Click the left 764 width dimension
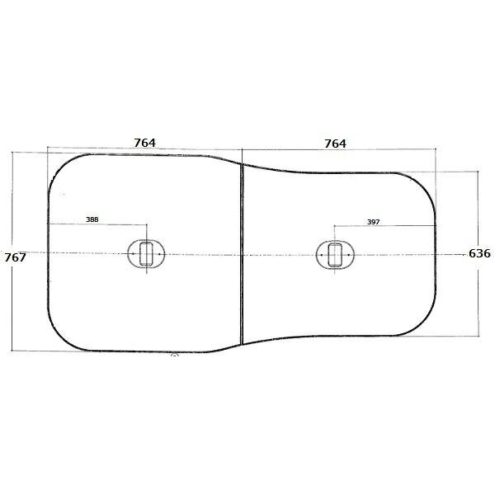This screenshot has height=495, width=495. (x=145, y=143)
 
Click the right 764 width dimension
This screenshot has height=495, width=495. (x=335, y=144)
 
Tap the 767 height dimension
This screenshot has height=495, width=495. (x=15, y=257)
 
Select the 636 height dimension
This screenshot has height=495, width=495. (x=479, y=253)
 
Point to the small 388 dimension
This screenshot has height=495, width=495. (x=92, y=219)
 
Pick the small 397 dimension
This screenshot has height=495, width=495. (x=374, y=222)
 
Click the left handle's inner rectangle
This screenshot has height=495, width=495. (x=146, y=254)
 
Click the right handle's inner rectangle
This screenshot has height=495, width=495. (x=335, y=255)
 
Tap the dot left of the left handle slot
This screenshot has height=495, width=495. (x=133, y=254)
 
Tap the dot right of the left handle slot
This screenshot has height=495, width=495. (x=159, y=254)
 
